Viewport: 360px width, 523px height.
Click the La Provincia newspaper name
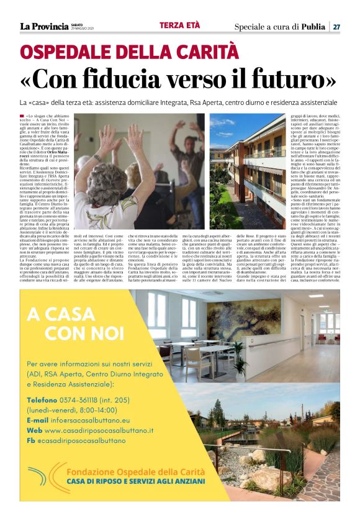pyautogui.click(x=45, y=26)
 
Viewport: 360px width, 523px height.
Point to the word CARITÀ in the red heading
pyautogui.click(x=208, y=52)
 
